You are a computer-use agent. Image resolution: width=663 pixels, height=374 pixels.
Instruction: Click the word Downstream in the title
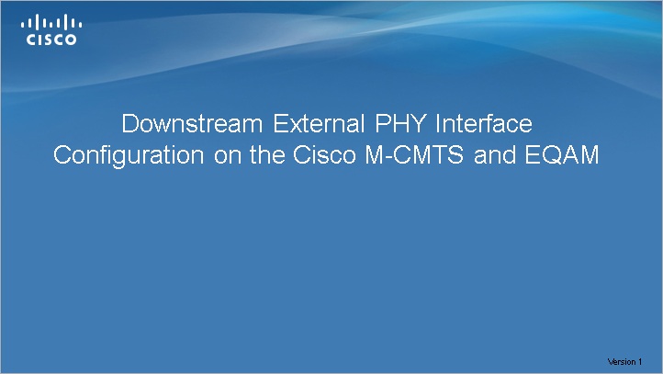point(192,123)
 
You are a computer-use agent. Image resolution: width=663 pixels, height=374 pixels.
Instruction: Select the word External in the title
point(319,123)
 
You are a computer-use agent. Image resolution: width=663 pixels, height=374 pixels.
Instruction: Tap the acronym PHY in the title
point(400,123)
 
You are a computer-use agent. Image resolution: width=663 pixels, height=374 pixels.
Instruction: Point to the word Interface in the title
point(484,123)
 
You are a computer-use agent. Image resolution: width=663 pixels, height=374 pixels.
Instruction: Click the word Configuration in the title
point(129,155)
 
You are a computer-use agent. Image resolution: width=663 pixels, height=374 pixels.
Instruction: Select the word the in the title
point(267,155)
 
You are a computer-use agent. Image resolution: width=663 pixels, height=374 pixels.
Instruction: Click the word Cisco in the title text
point(324,155)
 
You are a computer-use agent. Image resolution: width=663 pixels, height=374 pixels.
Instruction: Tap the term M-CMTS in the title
point(414,155)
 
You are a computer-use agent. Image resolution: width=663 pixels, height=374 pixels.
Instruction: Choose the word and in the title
point(495,155)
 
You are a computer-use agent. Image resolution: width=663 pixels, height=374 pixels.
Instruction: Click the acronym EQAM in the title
point(562,155)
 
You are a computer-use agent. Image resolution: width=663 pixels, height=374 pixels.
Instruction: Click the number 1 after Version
point(640,362)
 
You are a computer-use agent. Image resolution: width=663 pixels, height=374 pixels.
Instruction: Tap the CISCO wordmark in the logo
point(51,40)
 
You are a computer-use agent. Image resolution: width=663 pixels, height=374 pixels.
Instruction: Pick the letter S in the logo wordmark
point(48,40)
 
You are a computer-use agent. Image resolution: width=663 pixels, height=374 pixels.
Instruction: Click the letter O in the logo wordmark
point(71,40)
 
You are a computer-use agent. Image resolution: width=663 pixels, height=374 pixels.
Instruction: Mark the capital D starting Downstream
point(129,123)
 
